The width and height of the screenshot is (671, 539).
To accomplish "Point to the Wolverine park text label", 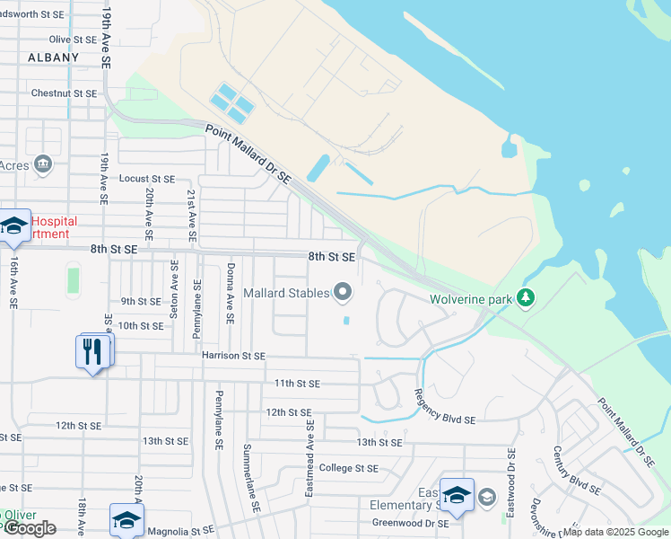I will pyautogui.click(x=470, y=298).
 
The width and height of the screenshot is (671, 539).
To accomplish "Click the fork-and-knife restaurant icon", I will pyautogui.click(x=94, y=350).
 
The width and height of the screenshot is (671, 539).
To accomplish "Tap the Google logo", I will pyautogui.click(x=30, y=528).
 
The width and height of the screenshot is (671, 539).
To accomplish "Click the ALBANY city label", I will pyautogui.click(x=54, y=57).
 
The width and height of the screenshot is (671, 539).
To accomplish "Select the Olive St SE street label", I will pyautogui.click(x=73, y=40).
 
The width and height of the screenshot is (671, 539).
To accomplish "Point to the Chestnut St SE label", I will pyautogui.click(x=64, y=93).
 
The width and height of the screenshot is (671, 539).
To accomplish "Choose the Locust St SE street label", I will pyautogui.click(x=147, y=180).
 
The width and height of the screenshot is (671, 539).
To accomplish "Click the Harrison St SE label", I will pyautogui.click(x=233, y=356).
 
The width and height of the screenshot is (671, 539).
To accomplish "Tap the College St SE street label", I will pyautogui.click(x=349, y=468).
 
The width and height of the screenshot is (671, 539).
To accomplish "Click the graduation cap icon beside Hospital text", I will pyautogui.click(x=13, y=228).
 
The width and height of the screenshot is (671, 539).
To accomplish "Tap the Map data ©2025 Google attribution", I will pyautogui.click(x=616, y=532).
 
